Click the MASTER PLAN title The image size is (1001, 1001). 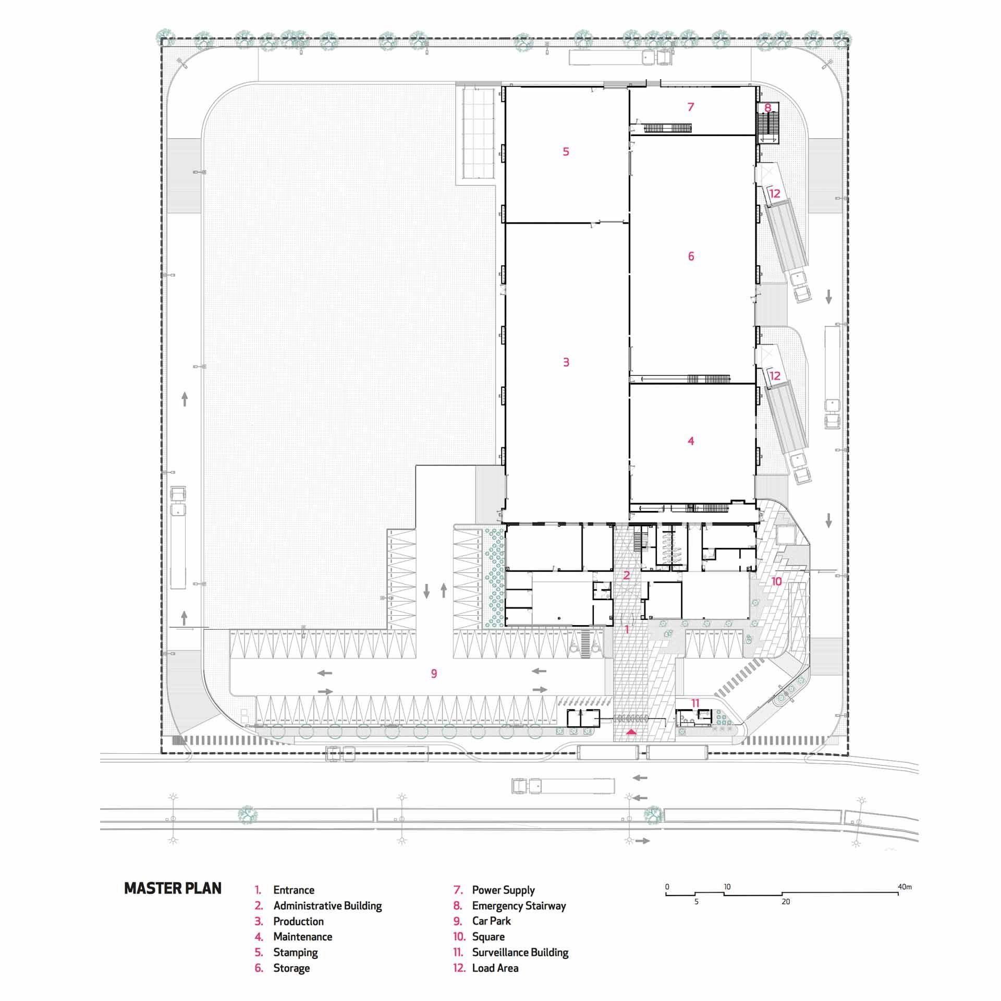coord(173,888)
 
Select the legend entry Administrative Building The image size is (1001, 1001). coord(327,906)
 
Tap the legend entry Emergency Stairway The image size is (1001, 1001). coord(519,906)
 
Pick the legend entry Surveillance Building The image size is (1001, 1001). coord(520,953)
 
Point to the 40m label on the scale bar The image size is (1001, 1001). coord(905,886)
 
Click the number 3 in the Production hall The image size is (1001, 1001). coord(566,362)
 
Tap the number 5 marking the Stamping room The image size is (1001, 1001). coord(566,152)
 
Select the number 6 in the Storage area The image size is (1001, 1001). coord(691,256)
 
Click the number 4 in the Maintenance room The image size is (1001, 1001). coord(691,441)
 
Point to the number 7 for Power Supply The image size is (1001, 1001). coord(691,107)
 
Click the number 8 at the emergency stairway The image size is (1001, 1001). coord(767,108)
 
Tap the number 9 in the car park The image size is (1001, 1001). coord(434,674)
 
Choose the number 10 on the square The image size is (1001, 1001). coord(777,581)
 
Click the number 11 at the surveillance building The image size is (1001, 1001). coord(695,703)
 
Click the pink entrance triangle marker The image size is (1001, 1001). coord(631,731)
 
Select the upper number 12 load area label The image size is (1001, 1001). coord(775,193)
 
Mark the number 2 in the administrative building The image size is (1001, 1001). coord(627,576)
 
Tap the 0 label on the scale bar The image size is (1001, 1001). coord(667,886)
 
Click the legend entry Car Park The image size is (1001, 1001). coord(491,921)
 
